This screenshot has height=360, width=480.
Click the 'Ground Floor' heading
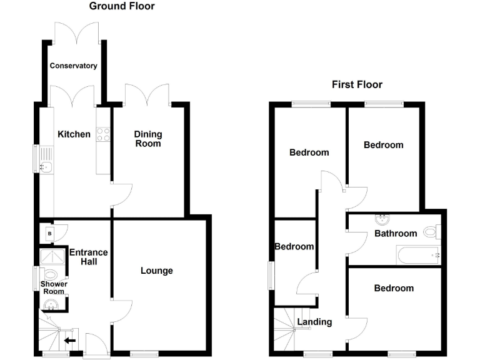[122, 7]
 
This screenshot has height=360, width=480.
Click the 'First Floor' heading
[356, 84]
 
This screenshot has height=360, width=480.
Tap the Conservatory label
[74, 66]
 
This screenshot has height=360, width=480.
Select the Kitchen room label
[74, 134]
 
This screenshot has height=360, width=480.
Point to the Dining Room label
[148, 139]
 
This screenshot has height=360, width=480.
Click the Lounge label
[156, 271]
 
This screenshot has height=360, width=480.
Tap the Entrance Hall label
[89, 257]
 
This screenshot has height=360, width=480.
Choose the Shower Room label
[54, 288]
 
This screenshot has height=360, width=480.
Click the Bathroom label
[395, 234]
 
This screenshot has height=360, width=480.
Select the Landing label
[314, 322]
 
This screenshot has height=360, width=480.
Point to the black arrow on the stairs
[70, 341]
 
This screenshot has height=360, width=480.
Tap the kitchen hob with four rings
[103, 134]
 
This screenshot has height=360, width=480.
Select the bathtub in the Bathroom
[417, 254]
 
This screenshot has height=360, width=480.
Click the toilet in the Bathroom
[431, 232]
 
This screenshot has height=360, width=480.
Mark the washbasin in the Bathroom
[382, 221]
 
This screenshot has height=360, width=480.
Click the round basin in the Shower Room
[52, 304]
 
